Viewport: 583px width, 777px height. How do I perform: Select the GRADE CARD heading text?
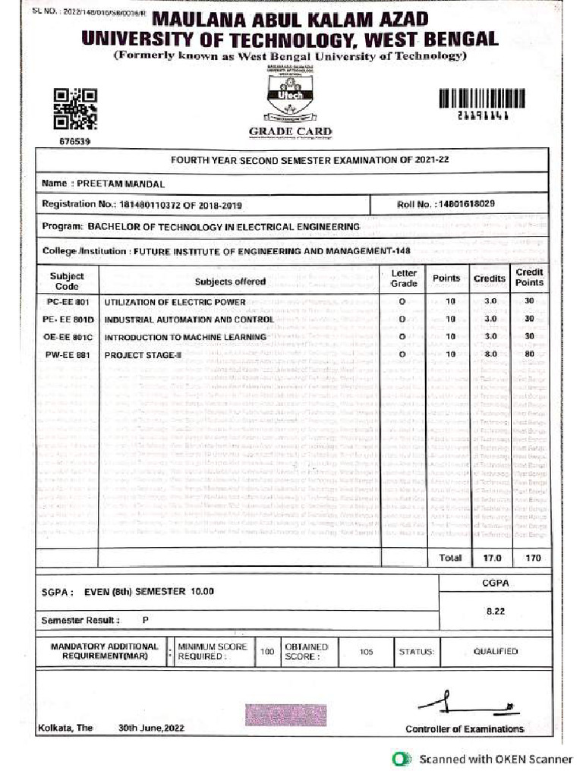[x=291, y=132]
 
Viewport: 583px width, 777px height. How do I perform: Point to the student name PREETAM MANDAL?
[x=121, y=184]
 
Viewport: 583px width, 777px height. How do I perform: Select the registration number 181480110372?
[x=154, y=205]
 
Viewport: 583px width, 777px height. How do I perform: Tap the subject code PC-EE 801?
[x=68, y=302]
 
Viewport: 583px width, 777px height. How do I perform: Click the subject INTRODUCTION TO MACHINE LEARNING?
[x=185, y=337]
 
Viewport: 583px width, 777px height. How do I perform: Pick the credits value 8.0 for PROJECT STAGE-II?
[x=490, y=354]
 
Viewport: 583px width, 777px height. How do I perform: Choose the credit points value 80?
[x=529, y=354]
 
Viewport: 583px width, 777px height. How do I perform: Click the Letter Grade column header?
[x=404, y=278]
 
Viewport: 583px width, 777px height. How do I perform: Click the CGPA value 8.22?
[x=495, y=609]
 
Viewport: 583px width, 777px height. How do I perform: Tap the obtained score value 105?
[x=366, y=651]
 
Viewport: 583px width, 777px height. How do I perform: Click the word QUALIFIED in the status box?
[x=496, y=651]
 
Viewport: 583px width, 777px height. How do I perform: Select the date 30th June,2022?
[x=151, y=728]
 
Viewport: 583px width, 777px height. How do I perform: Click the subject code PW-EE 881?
[x=68, y=354]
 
